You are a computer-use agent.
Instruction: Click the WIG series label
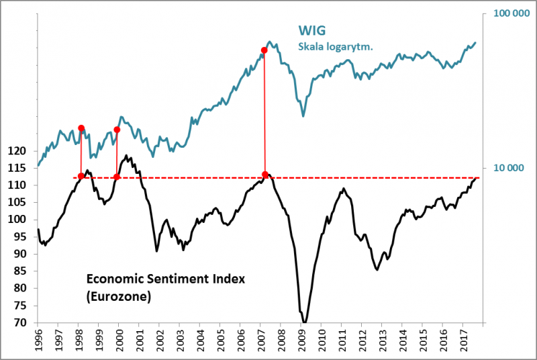(x=312, y=31)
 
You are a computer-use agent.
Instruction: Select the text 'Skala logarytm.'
(x=335, y=46)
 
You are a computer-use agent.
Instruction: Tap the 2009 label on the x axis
(x=301, y=340)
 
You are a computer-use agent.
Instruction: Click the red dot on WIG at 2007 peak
(x=264, y=50)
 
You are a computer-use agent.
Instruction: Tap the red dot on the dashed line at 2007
(x=265, y=175)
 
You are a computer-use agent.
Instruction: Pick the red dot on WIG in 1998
(x=81, y=128)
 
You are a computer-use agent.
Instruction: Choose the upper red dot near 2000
(x=117, y=130)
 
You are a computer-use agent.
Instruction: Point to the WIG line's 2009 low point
(x=303, y=116)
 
